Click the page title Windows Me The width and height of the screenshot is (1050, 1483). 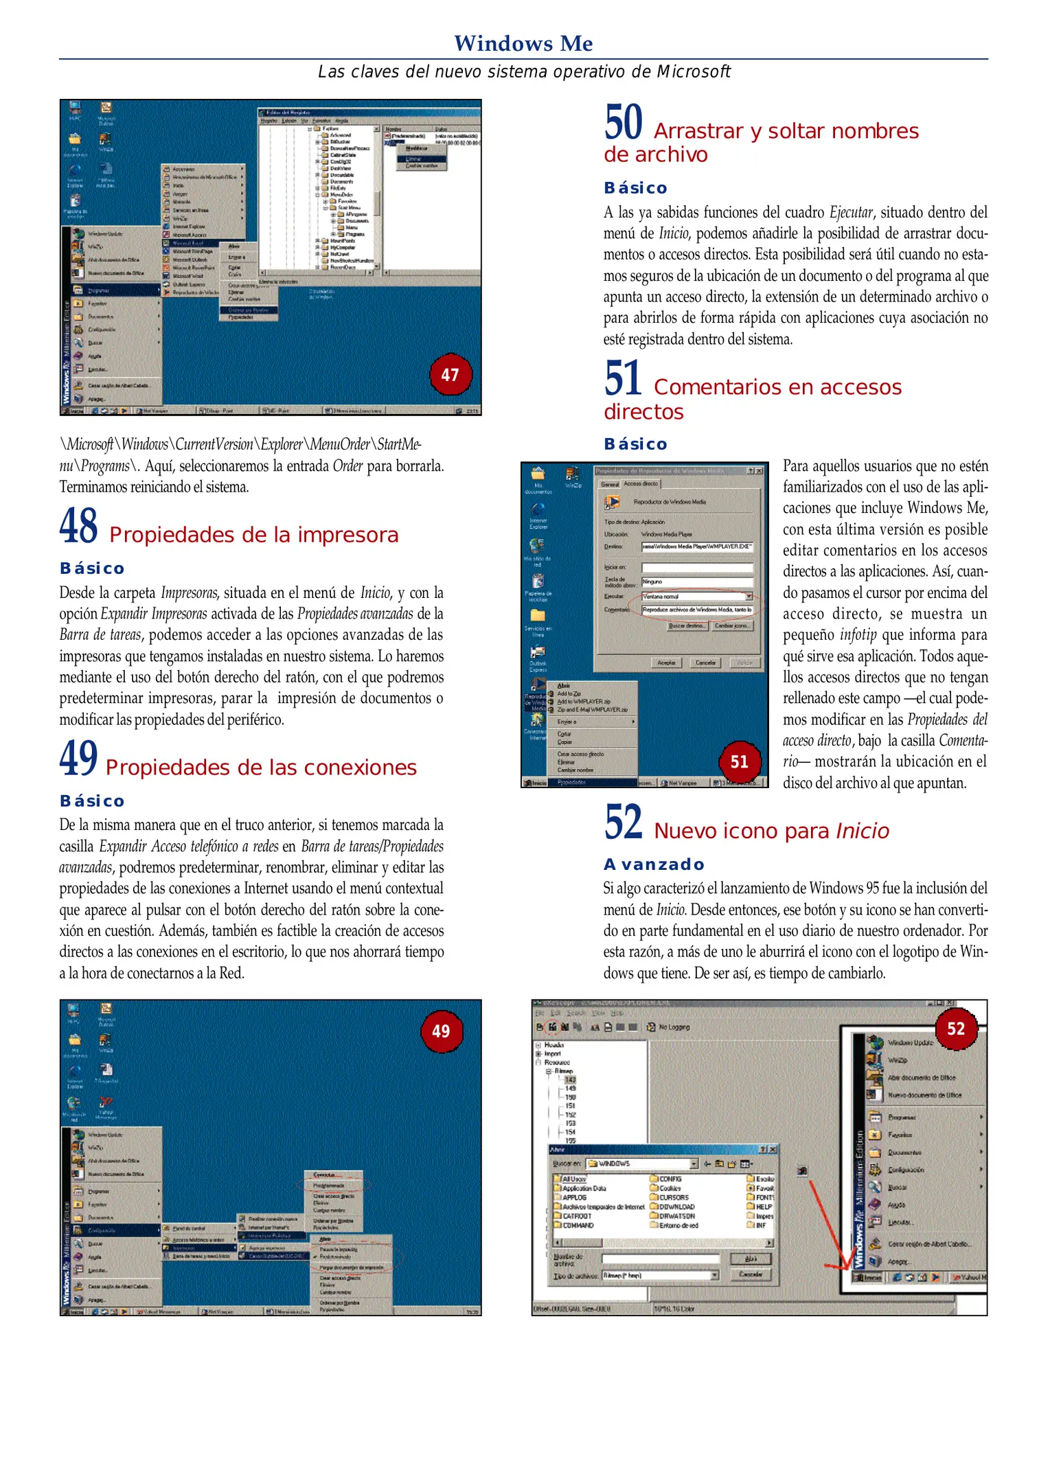523,43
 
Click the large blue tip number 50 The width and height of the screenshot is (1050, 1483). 623,122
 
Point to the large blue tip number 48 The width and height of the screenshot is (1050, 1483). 78,526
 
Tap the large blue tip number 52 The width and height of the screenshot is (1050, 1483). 623,823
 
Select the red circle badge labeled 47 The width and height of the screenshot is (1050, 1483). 450,375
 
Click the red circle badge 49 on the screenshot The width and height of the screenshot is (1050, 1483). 441,1031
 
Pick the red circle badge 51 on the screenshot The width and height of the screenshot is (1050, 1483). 739,761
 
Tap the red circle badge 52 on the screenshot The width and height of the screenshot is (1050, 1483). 956,1028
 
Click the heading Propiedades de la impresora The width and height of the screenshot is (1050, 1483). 253,535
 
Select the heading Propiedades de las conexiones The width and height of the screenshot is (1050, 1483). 261,768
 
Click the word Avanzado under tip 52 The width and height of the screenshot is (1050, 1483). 654,864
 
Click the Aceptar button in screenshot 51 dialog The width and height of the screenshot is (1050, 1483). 666,663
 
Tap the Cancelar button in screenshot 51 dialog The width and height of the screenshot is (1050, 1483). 705,663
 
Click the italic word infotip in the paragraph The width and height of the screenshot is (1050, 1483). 858,634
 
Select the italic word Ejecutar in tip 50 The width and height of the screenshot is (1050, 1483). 851,212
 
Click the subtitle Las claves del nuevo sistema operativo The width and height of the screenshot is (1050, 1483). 523,72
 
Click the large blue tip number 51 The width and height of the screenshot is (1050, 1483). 622,379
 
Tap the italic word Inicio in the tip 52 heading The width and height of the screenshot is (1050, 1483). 862,831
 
